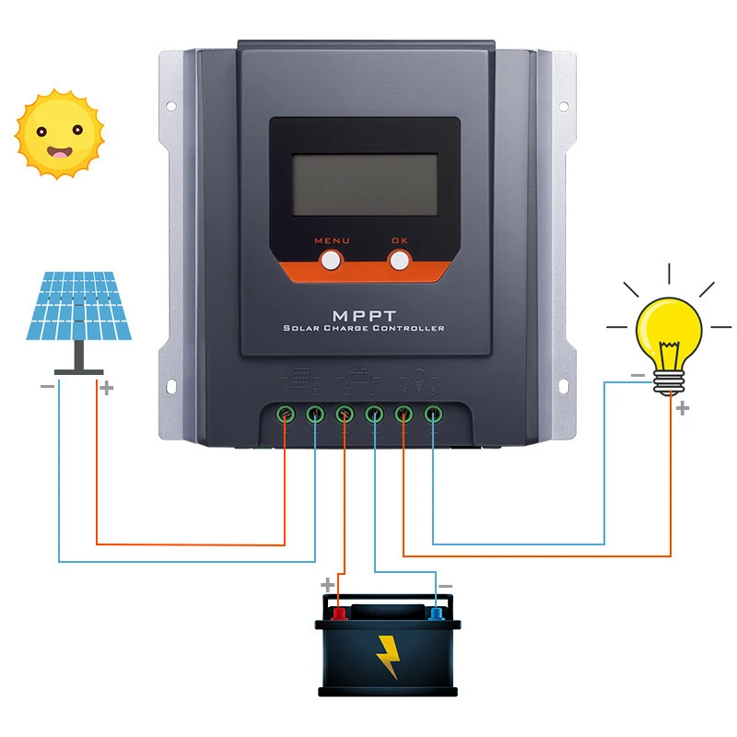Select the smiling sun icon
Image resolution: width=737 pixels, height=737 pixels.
click(59, 135)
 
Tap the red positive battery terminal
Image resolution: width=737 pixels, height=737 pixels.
click(338, 613)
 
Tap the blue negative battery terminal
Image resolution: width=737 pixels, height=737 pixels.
click(436, 613)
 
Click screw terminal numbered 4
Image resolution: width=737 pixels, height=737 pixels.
click(287, 415)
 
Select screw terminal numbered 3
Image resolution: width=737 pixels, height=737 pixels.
click(316, 415)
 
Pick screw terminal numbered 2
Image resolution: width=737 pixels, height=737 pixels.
click(345, 415)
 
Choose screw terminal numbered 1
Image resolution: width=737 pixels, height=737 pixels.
click(374, 415)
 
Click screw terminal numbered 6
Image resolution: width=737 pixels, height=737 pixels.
click(404, 415)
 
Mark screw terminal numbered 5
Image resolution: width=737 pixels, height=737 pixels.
click(433, 415)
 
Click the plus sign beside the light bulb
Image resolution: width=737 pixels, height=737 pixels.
click(682, 408)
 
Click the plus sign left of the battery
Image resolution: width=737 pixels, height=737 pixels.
click(326, 584)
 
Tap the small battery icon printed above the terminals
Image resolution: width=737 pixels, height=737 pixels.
click(359, 377)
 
